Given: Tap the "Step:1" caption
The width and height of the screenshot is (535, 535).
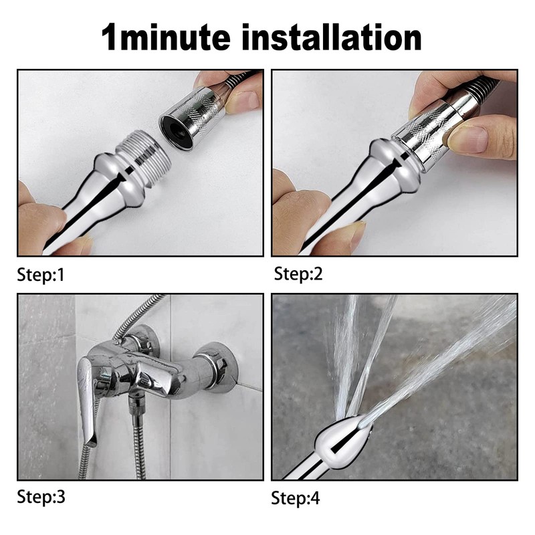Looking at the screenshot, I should (41, 274).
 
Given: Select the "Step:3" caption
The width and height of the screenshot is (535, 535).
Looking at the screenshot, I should (41, 497).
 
